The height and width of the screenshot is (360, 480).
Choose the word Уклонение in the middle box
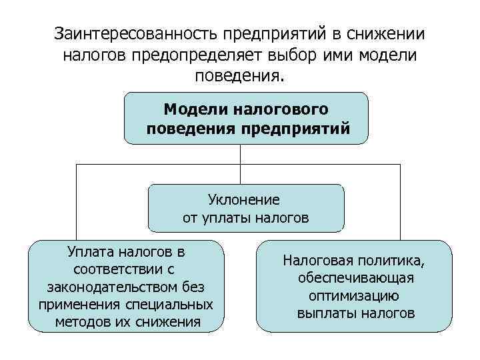(244, 199)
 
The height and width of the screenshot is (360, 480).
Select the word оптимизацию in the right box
(354, 295)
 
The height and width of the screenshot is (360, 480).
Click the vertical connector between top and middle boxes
(239, 163)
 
